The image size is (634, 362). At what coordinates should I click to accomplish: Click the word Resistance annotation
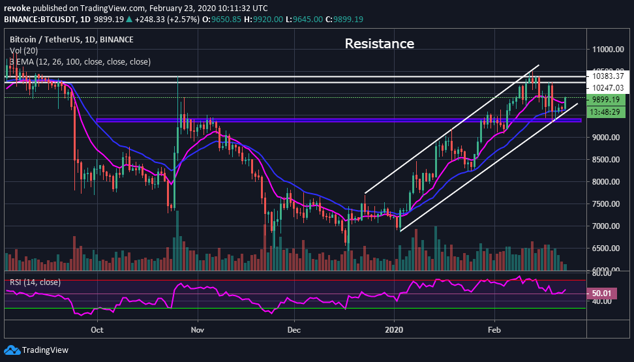[x=379, y=44]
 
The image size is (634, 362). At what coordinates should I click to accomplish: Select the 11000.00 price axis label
[x=606, y=50]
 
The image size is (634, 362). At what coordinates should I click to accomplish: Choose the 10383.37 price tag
[x=607, y=76]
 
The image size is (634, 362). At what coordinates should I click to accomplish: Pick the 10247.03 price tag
[x=607, y=88]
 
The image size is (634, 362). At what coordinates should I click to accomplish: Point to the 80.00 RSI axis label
[x=602, y=275]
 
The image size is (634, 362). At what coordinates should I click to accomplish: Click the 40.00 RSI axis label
[x=602, y=301]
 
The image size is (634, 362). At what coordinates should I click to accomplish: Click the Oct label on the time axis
[x=97, y=330]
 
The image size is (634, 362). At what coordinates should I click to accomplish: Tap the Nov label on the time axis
[x=196, y=330]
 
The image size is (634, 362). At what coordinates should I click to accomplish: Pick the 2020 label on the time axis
[x=394, y=330]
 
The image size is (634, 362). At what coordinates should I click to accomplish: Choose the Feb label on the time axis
[x=494, y=330]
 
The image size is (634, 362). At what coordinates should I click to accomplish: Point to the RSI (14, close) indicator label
[x=35, y=282]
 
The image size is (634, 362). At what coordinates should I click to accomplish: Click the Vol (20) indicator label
[x=24, y=51]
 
